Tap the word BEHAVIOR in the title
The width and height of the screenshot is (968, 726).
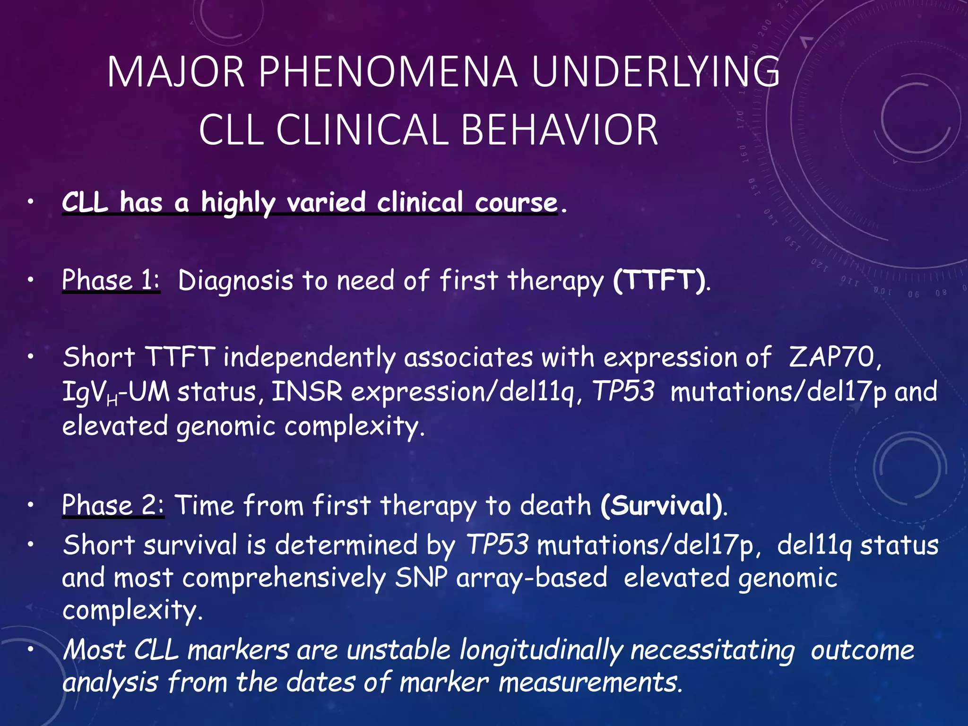click(559, 130)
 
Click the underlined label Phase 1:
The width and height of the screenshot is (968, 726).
click(111, 280)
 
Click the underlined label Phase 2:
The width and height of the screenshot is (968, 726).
click(112, 505)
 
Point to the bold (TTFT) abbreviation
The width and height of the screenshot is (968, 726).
click(660, 280)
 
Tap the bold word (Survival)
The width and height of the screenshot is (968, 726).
click(662, 505)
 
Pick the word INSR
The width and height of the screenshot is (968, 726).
click(307, 392)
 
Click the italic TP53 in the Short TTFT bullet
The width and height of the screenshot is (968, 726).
click(623, 392)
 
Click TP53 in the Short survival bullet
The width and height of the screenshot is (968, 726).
click(497, 544)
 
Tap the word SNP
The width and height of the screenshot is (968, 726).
click(421, 578)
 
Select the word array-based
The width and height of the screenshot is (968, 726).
click(531, 578)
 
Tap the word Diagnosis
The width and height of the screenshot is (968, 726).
click(235, 280)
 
